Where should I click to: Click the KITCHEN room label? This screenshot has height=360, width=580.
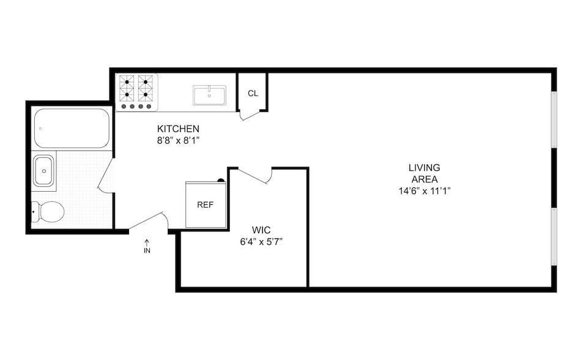click(x=178, y=129)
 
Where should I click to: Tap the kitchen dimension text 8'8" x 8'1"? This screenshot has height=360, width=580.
click(x=179, y=140)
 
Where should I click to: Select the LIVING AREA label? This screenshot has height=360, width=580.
click(x=424, y=173)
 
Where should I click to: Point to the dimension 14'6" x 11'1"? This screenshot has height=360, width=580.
click(x=424, y=190)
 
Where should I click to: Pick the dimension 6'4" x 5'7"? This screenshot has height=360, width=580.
click(x=261, y=241)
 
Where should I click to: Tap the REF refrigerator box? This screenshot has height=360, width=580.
click(x=206, y=204)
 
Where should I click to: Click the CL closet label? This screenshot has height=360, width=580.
click(x=253, y=94)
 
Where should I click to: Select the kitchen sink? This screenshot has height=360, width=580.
click(x=209, y=95)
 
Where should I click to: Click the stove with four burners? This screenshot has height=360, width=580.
click(x=136, y=92)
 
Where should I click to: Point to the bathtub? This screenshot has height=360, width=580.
click(x=72, y=128)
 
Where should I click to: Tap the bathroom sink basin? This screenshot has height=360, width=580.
click(x=44, y=170)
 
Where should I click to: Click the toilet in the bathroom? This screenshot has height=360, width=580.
click(x=49, y=212)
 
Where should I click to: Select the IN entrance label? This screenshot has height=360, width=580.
click(x=147, y=250)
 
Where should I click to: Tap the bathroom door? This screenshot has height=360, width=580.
click(x=105, y=176)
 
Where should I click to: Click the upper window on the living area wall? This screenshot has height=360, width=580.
click(x=553, y=119)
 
